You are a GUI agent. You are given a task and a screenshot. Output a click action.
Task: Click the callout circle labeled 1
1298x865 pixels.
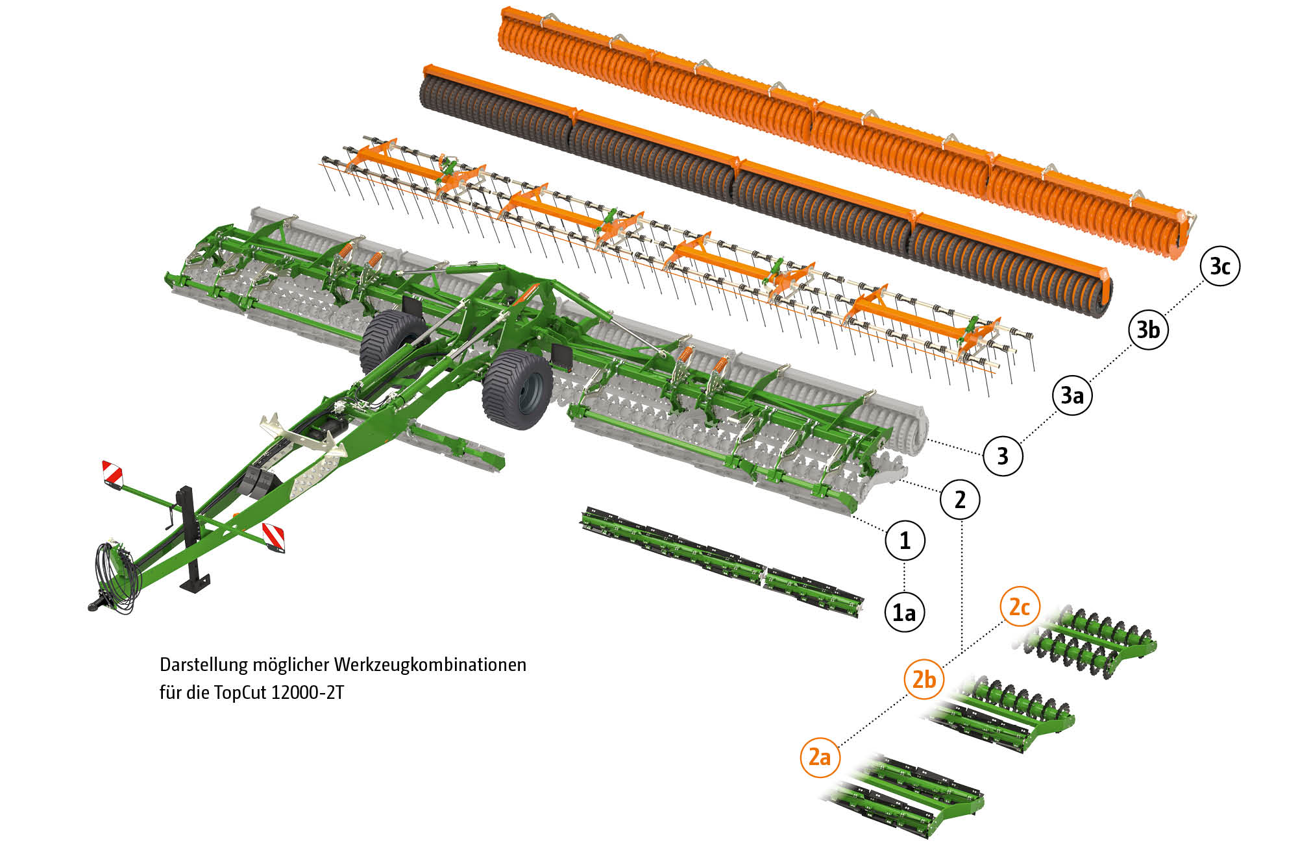tap(905, 540)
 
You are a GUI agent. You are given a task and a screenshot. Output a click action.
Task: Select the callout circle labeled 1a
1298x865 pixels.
tap(905, 612)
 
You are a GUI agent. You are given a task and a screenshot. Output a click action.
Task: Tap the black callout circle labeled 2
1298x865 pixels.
tap(960, 500)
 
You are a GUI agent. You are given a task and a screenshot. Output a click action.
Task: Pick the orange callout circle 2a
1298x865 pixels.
tap(820, 757)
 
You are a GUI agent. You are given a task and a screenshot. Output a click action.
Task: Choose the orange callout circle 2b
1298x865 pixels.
tap(924, 679)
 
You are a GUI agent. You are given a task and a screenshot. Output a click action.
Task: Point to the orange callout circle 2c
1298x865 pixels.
tap(1020, 607)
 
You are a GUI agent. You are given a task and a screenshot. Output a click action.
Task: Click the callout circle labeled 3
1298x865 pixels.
tap(1003, 456)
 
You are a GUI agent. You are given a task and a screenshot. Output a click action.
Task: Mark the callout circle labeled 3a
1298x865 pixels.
tap(1072, 395)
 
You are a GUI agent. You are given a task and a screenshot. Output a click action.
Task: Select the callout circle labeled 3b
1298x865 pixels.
tap(1148, 330)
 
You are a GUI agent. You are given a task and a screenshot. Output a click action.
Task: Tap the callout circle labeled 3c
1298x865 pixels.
tap(1220, 266)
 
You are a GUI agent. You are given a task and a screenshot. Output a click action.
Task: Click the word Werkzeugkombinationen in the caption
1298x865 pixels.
tap(430, 665)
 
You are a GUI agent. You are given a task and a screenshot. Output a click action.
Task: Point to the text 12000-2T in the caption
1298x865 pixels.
tap(307, 692)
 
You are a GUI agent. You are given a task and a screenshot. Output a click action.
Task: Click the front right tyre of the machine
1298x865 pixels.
tap(517, 389)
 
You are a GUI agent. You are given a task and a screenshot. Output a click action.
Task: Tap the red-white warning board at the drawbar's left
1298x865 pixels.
tap(112, 473)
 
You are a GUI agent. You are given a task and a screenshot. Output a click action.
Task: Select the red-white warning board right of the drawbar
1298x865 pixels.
tap(273, 538)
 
